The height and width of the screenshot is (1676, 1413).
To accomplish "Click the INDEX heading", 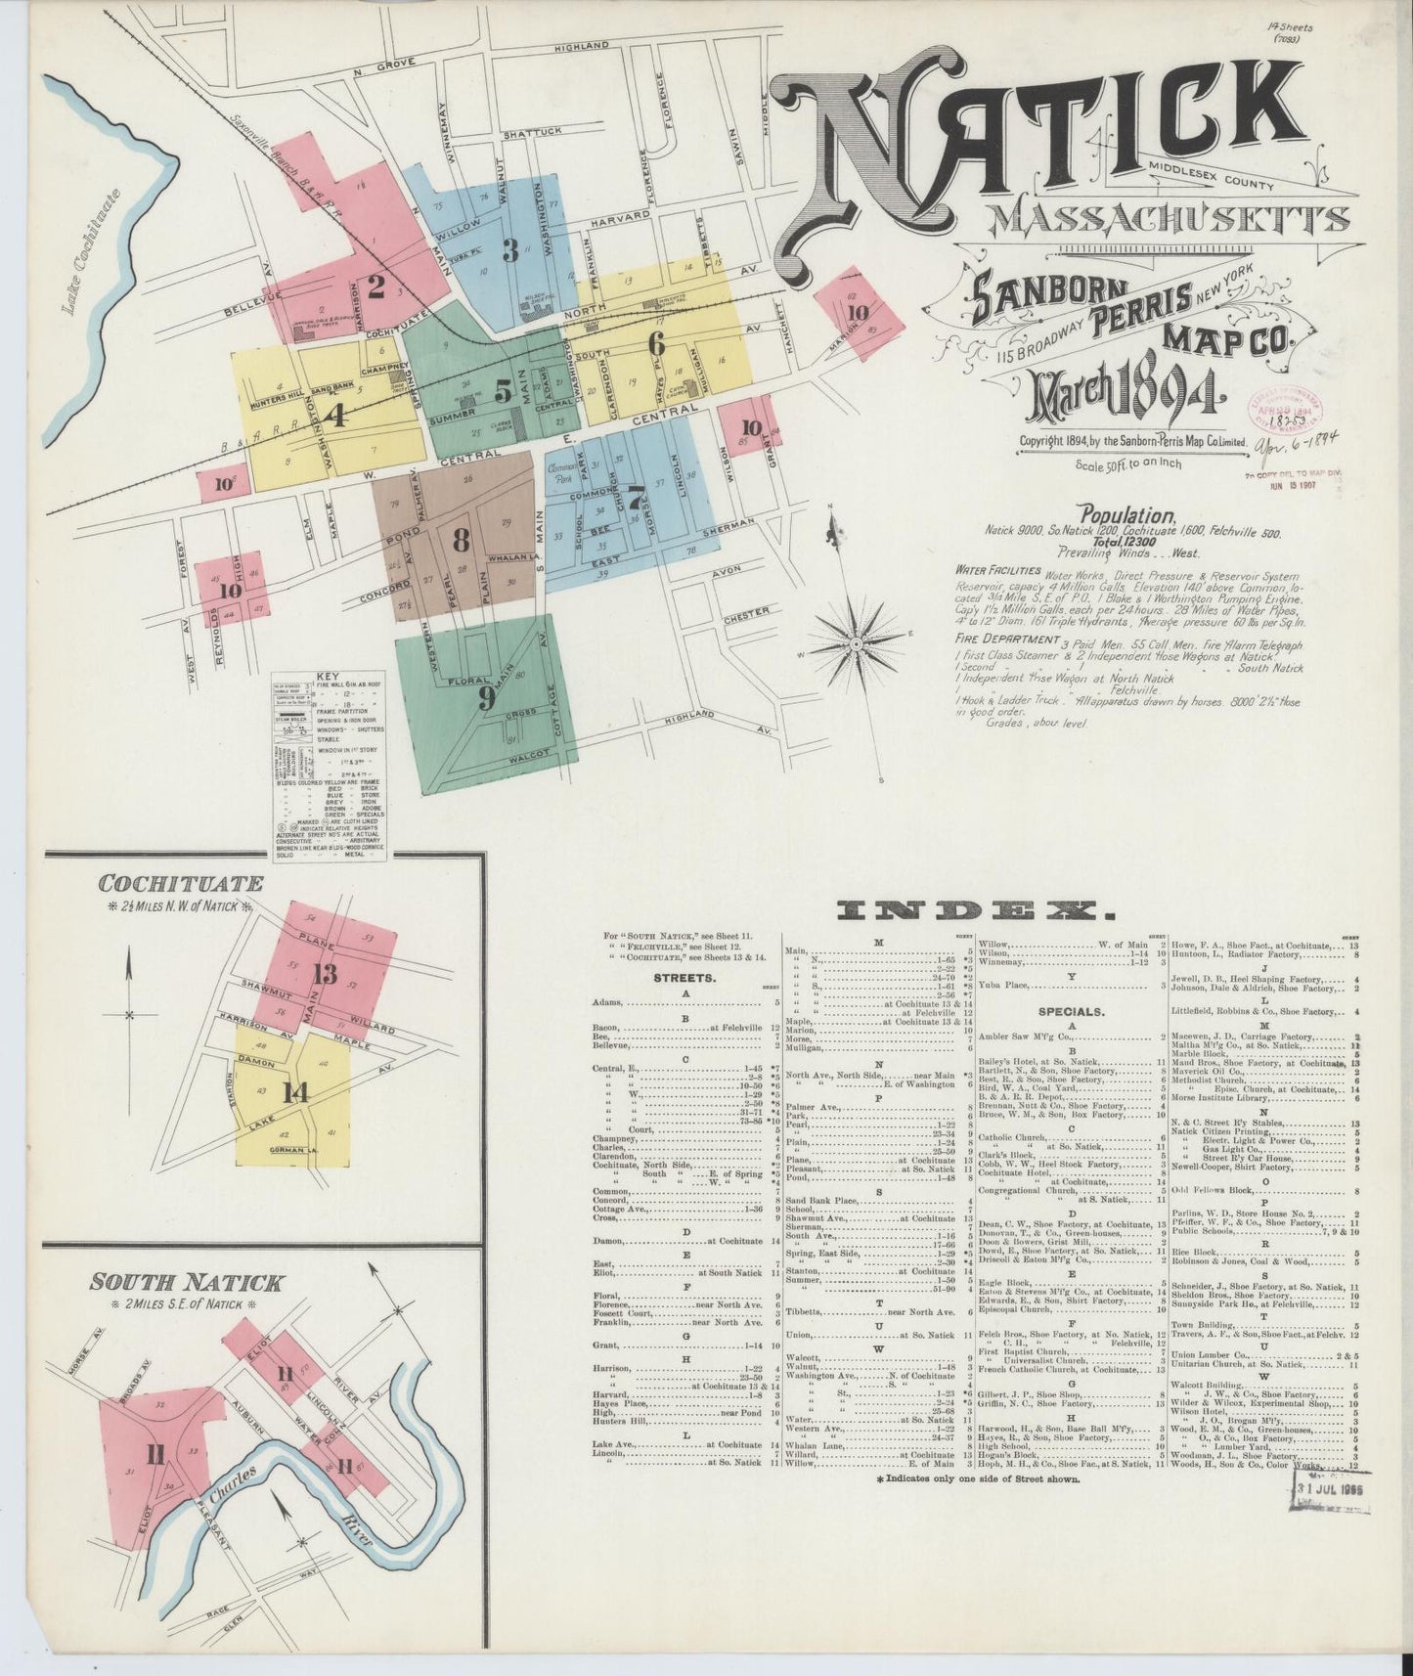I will point(976,911).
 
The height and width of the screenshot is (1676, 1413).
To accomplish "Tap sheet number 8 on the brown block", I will point(461,539).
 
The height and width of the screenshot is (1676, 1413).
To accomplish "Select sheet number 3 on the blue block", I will point(509,250).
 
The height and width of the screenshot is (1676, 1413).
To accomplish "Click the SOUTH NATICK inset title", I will point(185,1282).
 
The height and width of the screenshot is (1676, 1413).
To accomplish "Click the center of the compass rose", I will point(856,644).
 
